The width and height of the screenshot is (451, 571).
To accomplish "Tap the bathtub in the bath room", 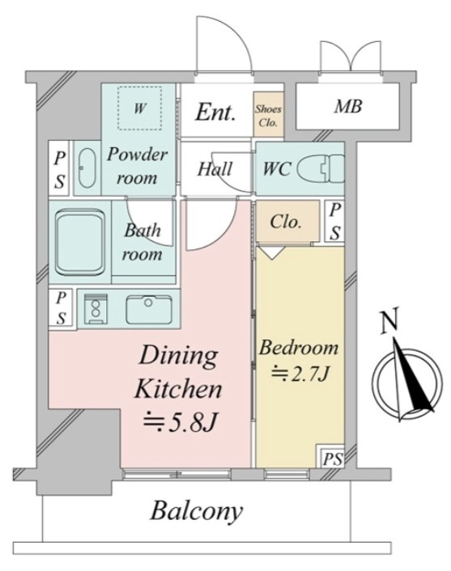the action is [80, 242].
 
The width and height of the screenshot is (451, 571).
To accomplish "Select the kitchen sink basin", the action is [149, 309].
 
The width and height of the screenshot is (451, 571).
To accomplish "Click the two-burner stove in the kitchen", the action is [96, 309].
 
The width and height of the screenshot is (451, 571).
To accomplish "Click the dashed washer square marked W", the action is [139, 108].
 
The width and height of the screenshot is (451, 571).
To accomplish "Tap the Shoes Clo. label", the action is [268, 115].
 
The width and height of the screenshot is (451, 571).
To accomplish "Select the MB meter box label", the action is [348, 106].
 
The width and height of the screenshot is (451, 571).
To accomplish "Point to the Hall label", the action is [215, 169].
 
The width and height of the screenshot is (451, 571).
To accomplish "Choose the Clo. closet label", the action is [286, 221].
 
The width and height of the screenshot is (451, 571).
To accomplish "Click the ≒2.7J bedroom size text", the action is [300, 373].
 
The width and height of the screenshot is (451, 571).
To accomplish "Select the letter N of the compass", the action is [389, 322].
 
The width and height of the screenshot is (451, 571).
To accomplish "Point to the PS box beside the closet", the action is [335, 222].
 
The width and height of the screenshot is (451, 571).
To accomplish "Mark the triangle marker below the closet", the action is [272, 252].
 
